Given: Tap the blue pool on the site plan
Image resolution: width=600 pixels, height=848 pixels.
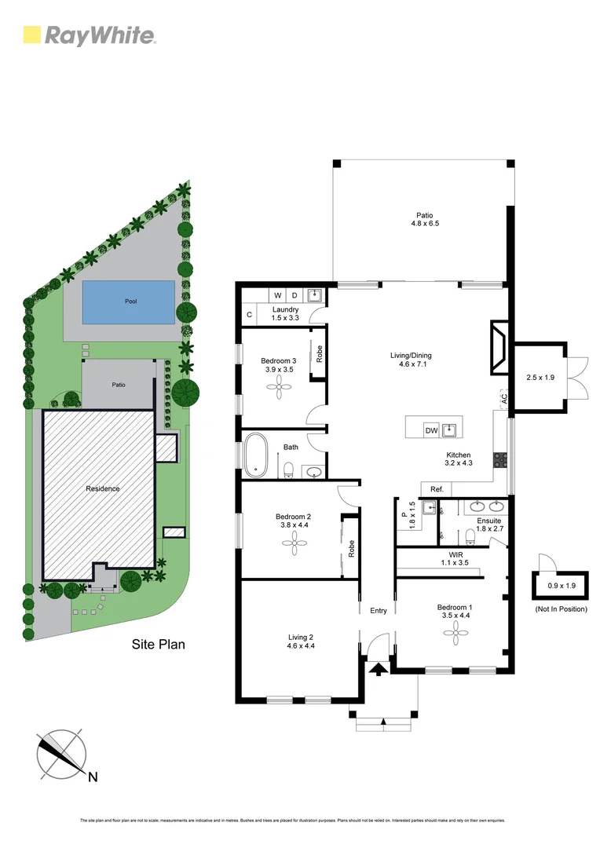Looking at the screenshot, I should click(129, 302).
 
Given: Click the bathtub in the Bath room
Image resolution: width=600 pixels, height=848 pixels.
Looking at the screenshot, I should click(256, 455).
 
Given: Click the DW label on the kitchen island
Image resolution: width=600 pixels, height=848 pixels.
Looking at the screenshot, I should click(431, 430).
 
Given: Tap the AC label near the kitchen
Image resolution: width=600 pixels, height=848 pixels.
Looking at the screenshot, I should click(503, 399).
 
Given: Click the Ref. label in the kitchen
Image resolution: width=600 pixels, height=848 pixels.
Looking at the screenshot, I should click(437, 489).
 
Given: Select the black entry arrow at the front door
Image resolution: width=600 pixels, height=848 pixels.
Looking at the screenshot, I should click(378, 669).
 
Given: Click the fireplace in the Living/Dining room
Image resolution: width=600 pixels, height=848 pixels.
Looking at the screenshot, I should click(498, 346).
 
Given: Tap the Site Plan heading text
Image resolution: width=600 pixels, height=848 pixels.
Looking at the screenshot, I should click(158, 645).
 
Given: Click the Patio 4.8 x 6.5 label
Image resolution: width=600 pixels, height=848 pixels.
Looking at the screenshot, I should click(424, 220).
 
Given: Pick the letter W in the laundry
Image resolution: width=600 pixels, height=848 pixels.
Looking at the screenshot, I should click(276, 295).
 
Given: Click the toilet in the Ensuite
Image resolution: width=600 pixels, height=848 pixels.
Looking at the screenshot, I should click(470, 535).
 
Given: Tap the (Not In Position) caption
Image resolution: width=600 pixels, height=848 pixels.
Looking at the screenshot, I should click(561, 609).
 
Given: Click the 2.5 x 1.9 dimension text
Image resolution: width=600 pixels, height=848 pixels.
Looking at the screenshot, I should click(540, 378).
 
